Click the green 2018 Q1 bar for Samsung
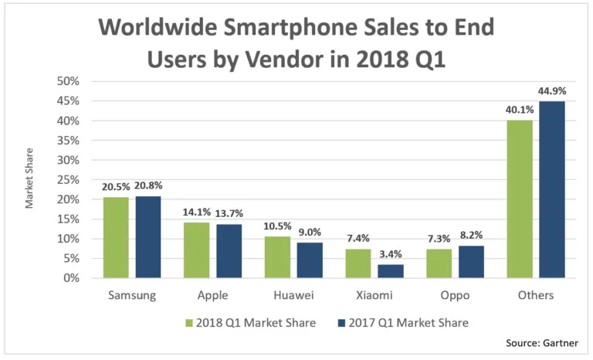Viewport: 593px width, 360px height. (x=117, y=237)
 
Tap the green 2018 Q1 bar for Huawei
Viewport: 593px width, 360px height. (x=277, y=256)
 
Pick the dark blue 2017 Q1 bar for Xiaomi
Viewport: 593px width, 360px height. (x=389, y=271)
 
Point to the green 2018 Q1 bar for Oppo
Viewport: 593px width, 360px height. (x=439, y=263)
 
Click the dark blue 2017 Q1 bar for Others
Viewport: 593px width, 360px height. (x=551, y=189)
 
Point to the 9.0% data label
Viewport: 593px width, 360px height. (x=309, y=232)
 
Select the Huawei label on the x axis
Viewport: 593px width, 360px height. (x=293, y=296)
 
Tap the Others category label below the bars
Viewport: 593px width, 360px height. (x=535, y=296)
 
